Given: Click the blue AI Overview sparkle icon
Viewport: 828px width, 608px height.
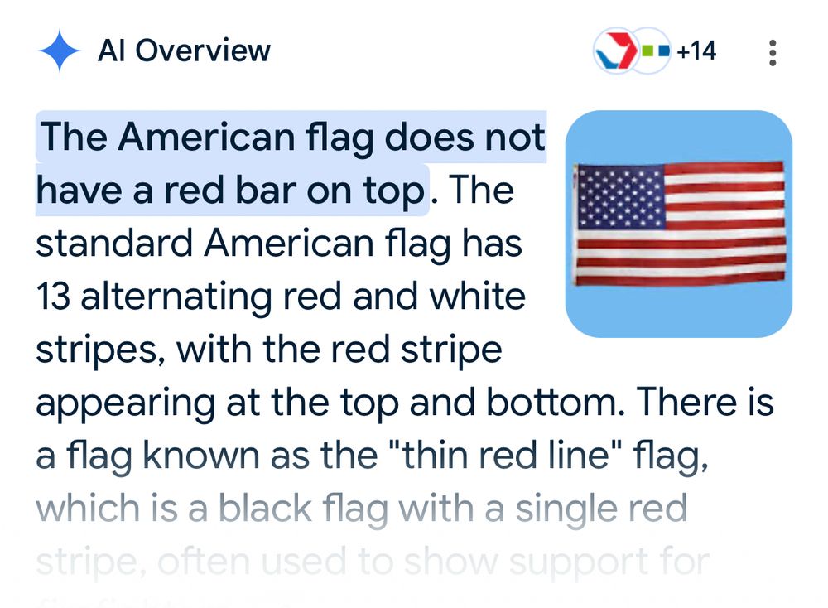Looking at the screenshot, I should [x=60, y=51].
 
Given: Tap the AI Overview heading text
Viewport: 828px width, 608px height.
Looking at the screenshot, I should [x=184, y=51].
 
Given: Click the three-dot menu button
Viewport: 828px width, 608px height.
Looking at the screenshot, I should [x=773, y=52].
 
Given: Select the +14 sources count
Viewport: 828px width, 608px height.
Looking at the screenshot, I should [x=696, y=51].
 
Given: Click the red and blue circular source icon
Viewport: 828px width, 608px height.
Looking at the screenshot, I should [x=614, y=52].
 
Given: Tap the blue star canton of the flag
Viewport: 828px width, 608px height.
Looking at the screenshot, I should [x=620, y=197].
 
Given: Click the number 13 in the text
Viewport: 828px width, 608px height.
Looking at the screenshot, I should [x=51, y=296].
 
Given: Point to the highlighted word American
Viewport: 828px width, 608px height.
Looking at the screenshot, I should [x=205, y=138].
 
